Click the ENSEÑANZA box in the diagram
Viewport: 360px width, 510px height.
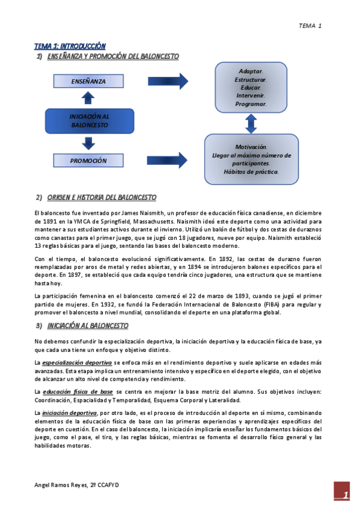click(88, 81)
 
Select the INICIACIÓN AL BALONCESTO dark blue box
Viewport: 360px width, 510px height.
click(89, 121)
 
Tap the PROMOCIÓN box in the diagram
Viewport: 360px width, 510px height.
click(88, 161)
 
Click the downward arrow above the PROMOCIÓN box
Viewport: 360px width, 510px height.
click(89, 143)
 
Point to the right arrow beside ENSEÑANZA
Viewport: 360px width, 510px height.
click(167, 81)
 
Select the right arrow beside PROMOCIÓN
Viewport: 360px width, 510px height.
click(167, 161)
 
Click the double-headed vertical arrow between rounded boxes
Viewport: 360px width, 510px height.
click(251, 123)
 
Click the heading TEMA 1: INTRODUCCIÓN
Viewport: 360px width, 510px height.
click(70, 46)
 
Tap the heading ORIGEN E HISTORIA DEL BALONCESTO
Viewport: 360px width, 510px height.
click(101, 197)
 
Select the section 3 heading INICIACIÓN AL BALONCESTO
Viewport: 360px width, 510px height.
click(87, 325)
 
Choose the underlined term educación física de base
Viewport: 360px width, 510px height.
click(78, 392)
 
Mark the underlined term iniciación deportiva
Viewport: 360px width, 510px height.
click(69, 413)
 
